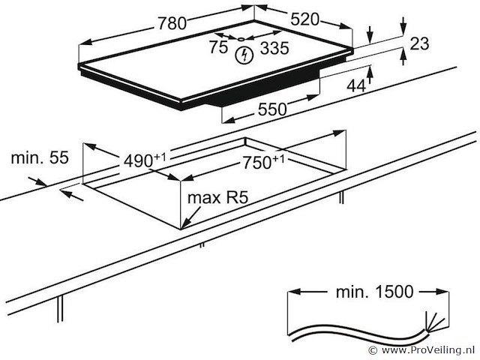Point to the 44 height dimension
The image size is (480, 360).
(355, 86)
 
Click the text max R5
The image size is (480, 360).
(218, 198)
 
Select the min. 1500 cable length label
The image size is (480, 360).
(363, 292)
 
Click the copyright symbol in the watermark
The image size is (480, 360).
(373, 350)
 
